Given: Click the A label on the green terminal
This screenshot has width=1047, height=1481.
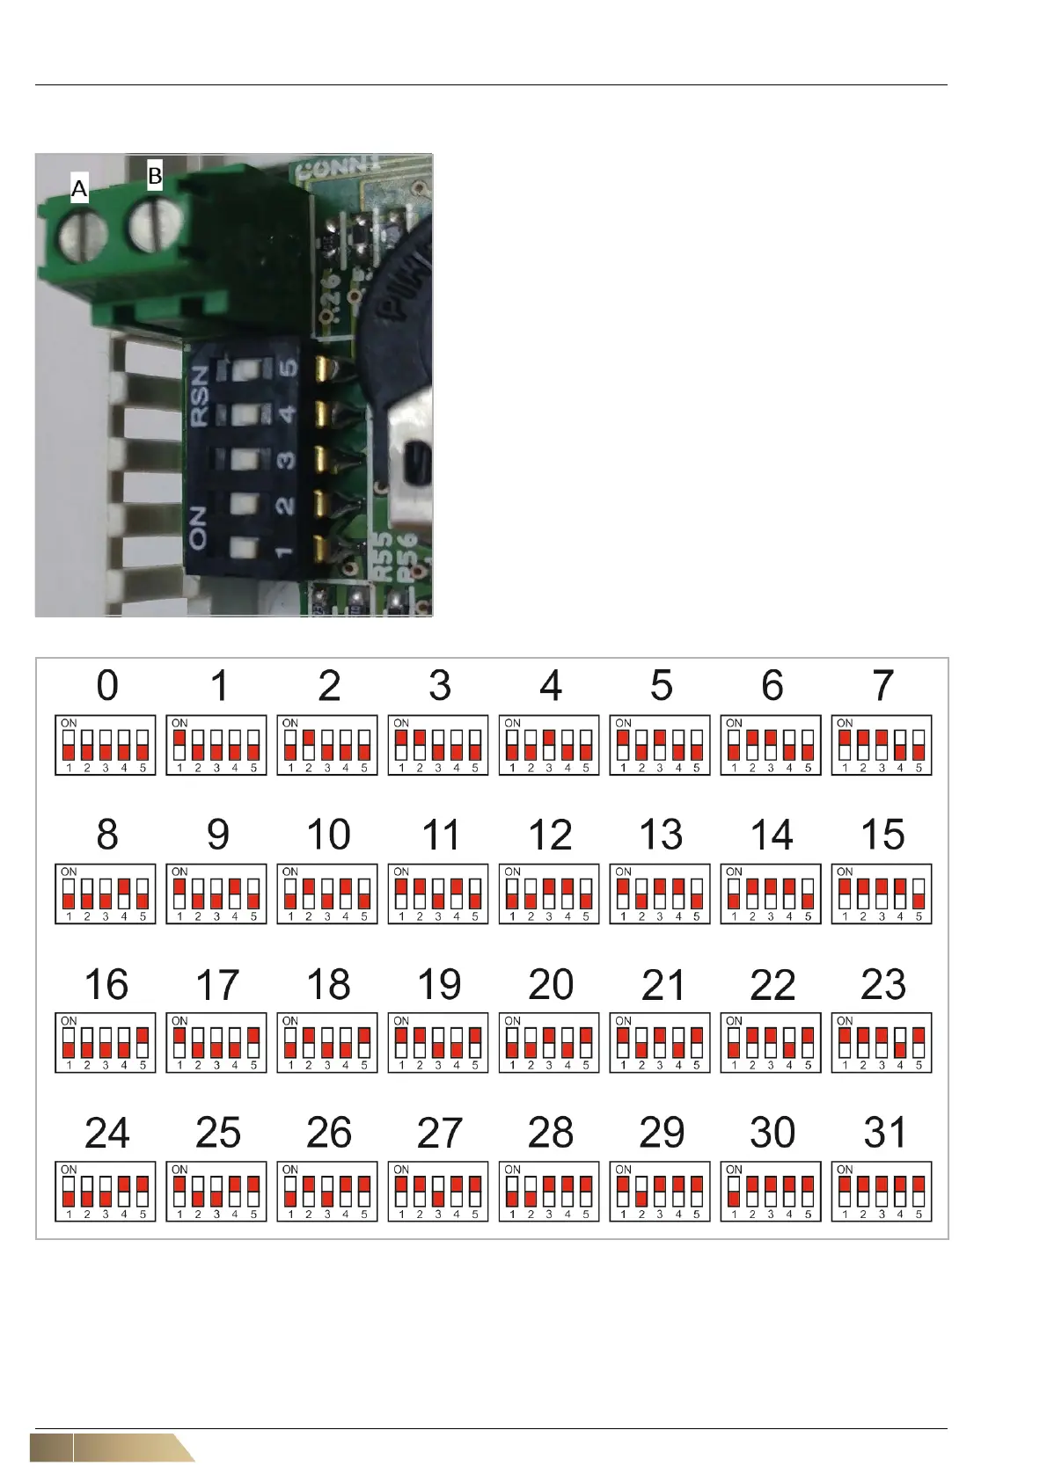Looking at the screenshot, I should point(79,188).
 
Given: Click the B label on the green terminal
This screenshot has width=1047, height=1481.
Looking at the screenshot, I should point(155,176).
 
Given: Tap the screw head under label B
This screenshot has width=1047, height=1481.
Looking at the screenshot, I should point(155,226).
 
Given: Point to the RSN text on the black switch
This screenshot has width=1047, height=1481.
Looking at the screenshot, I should point(201,395).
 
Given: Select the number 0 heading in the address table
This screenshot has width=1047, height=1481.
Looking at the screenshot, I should point(106,686).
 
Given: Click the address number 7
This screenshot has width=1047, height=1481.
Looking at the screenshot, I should point(882,686).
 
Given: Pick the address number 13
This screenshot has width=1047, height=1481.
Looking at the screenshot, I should point(661,835).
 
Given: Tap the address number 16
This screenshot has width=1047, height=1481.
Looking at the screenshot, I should point(106,984).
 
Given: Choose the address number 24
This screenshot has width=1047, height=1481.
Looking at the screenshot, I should point(106,1133).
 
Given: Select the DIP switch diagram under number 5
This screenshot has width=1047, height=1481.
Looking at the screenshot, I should point(660,745).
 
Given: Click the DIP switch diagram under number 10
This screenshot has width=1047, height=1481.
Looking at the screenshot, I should point(327,894).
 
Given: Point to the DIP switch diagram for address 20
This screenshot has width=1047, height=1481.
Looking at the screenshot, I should point(549,1043).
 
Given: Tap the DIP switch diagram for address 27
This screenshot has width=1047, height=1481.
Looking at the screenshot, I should point(438,1192).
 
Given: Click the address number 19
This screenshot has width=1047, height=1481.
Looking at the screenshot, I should point(439,984).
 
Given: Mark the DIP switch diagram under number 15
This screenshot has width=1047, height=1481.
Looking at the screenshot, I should point(882,894).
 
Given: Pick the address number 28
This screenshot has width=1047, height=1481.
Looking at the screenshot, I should point(550,1133).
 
